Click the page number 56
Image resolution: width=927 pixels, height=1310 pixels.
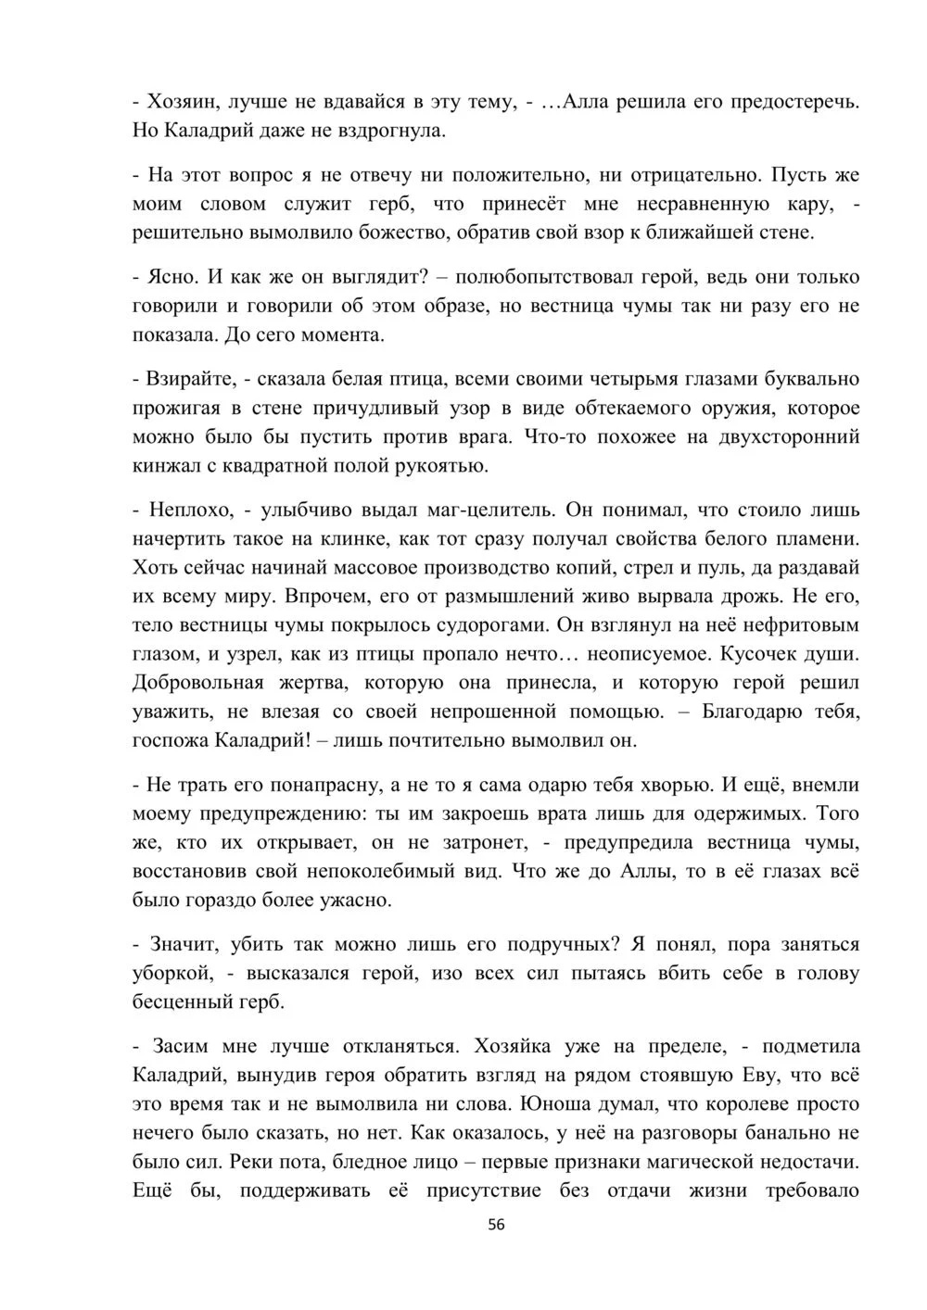coord(496,1224)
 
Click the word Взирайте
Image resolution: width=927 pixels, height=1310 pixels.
coord(182,379)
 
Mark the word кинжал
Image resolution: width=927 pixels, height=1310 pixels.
coord(160,465)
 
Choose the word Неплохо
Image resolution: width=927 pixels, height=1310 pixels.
coord(184,510)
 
